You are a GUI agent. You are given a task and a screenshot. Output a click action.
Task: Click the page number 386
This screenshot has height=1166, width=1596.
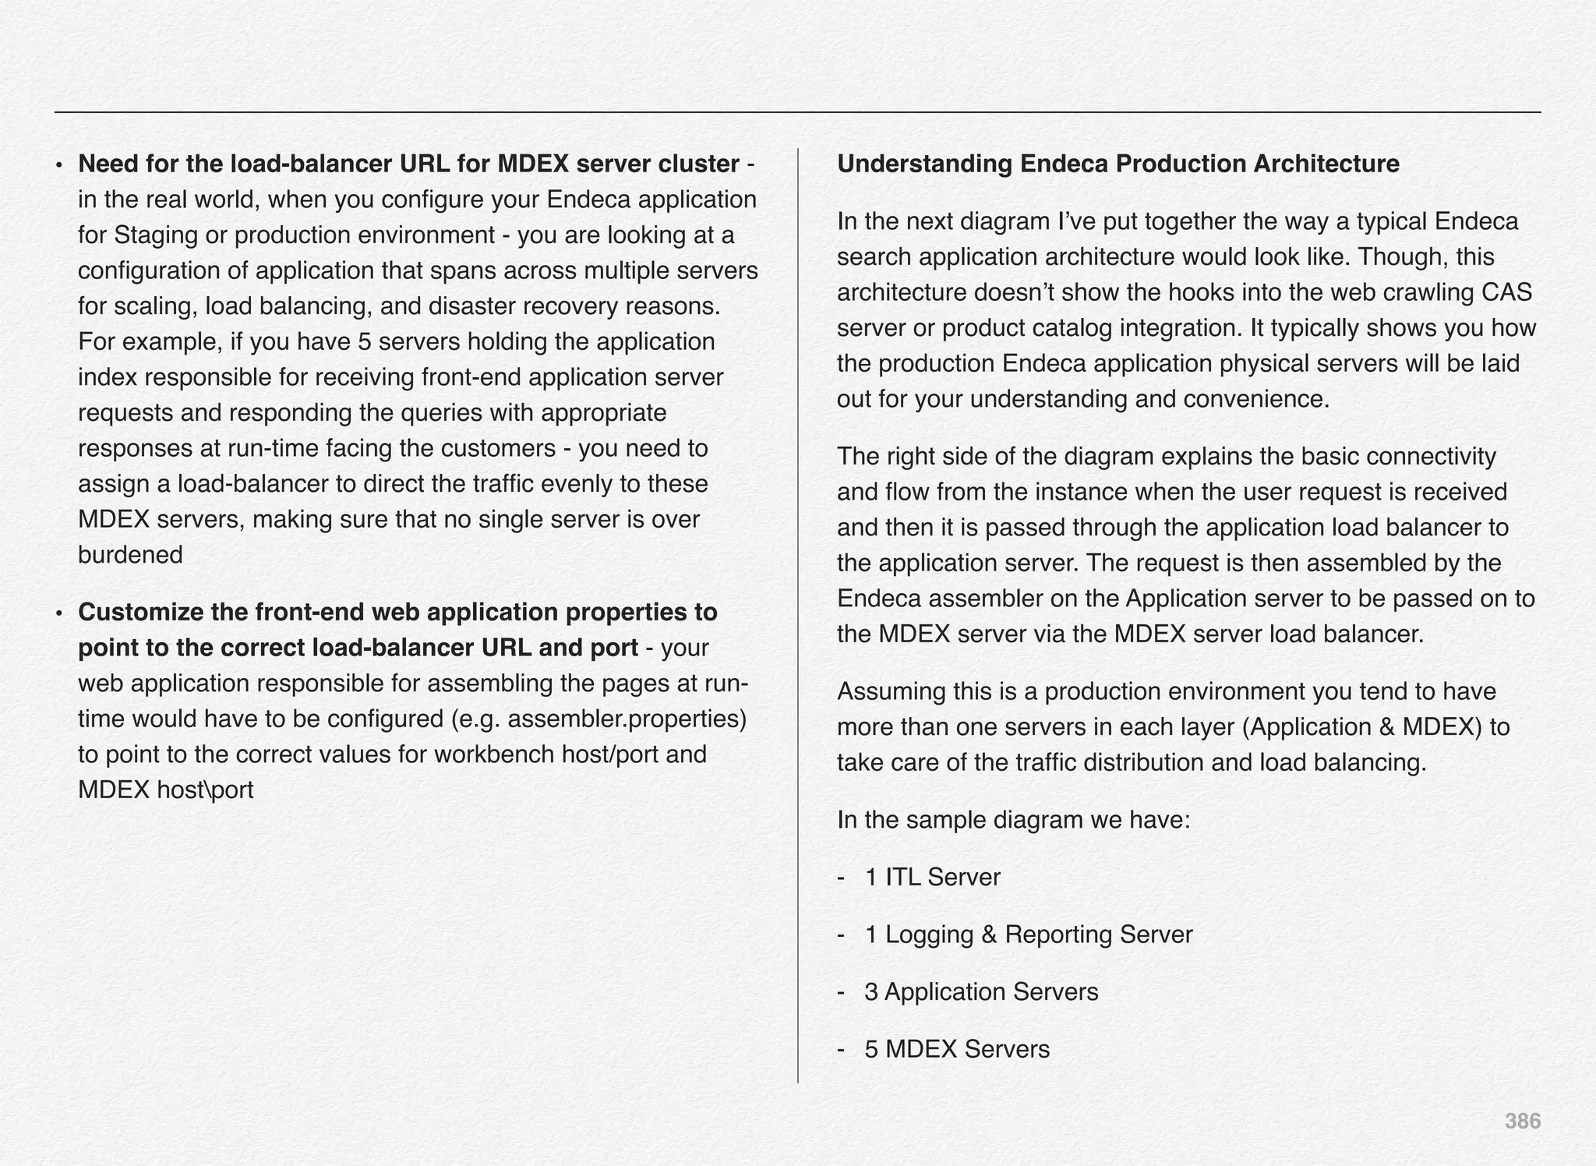click(1522, 1122)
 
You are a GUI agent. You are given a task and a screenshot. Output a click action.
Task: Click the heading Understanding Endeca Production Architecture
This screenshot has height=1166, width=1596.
click(1118, 164)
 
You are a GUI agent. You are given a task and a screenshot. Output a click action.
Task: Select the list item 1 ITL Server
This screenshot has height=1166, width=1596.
click(932, 878)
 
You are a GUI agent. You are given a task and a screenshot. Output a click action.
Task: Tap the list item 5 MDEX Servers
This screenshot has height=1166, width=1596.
click(957, 1049)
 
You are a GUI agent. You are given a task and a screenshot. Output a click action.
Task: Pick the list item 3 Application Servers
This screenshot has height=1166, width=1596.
click(981, 992)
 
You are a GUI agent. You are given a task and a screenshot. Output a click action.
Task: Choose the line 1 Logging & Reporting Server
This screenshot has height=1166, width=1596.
click(1028, 935)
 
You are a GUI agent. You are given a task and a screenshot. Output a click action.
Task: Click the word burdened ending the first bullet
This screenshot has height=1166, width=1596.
click(130, 555)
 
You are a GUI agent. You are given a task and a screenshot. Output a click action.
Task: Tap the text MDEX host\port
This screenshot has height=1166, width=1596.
click(166, 790)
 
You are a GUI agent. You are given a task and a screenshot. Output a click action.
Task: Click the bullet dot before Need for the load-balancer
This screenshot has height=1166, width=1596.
click(58, 165)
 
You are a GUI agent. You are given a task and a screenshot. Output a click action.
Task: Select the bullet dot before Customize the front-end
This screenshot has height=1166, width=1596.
click(58, 613)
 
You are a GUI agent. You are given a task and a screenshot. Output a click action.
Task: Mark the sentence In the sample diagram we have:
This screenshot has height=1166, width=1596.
click(1013, 820)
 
